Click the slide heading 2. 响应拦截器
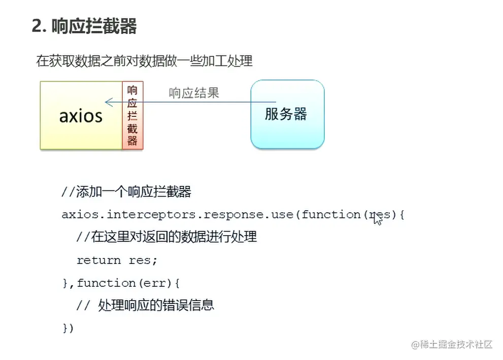(x=84, y=26)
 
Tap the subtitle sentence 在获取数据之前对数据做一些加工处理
(x=144, y=61)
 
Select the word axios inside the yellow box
(x=81, y=116)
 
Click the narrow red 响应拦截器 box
(x=132, y=115)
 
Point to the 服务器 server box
(x=287, y=114)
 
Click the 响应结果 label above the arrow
(x=194, y=93)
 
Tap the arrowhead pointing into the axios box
(x=108, y=102)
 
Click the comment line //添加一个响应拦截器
(x=126, y=192)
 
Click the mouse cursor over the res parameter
(x=377, y=219)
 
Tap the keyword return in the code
(x=98, y=260)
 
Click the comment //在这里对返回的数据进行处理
(x=166, y=237)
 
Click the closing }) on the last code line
(x=68, y=328)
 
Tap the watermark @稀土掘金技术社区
(x=452, y=344)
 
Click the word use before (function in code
(x=282, y=215)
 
